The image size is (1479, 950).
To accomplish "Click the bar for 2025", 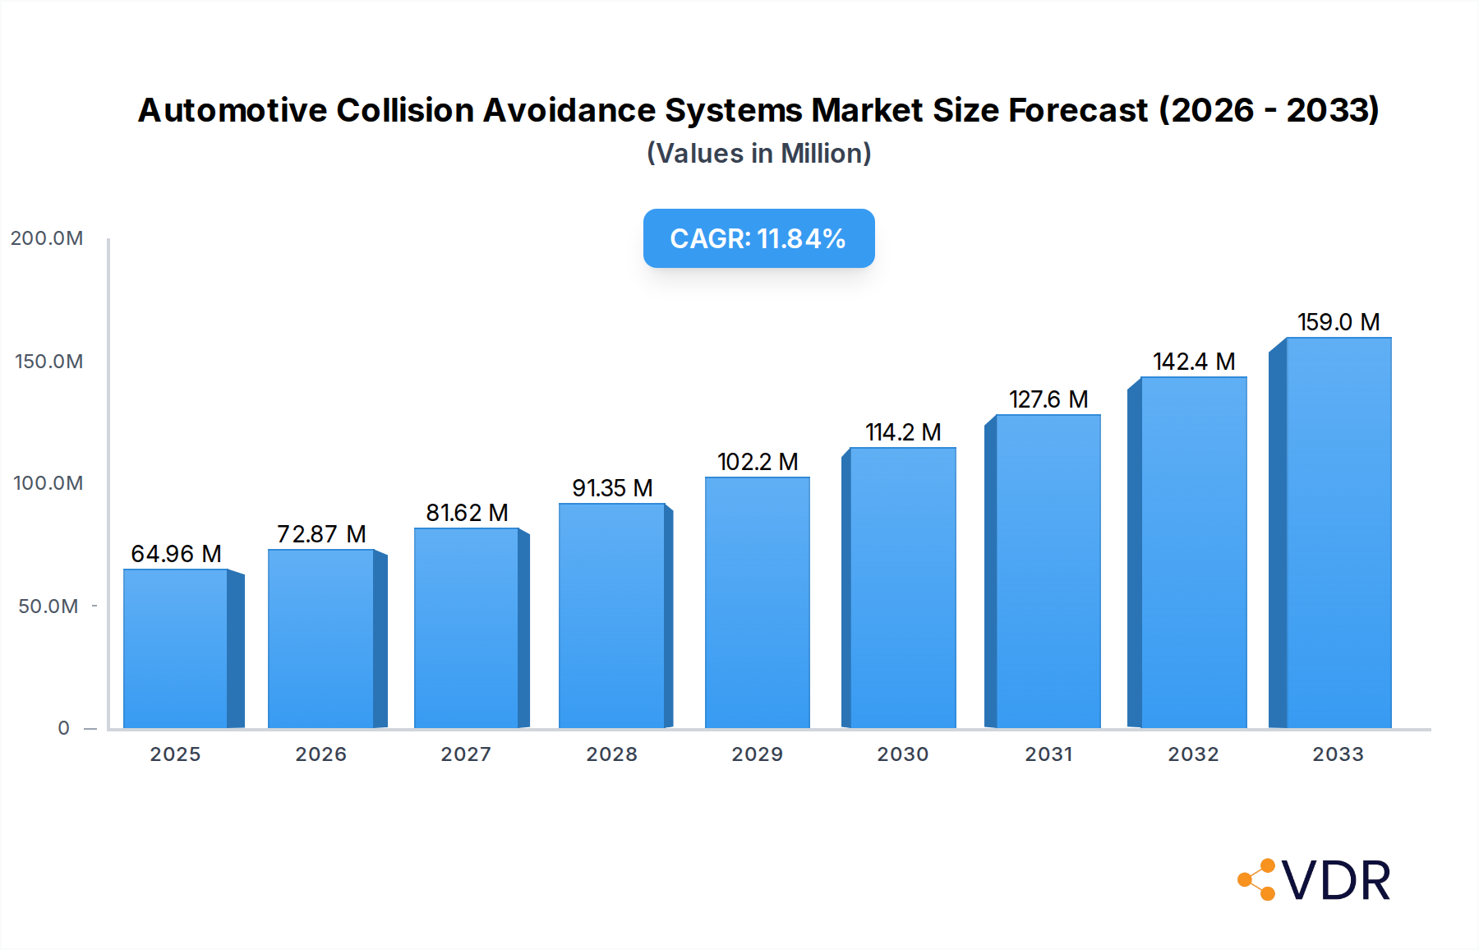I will (x=176, y=648).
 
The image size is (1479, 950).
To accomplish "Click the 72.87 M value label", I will (x=321, y=534).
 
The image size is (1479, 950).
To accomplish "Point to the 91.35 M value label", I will (x=612, y=488).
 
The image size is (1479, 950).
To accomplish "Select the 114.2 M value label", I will (x=903, y=432).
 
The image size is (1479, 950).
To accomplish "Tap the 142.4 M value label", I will (x=1194, y=362).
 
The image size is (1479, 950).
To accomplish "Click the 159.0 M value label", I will (x=1338, y=322).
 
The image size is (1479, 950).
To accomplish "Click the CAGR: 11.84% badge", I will (x=758, y=238).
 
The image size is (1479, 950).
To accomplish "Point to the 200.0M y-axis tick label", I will (x=47, y=238).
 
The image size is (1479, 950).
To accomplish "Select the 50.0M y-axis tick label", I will (x=48, y=606).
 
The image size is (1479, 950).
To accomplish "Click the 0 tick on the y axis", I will (x=64, y=728).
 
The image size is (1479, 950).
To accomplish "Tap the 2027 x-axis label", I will (x=466, y=754).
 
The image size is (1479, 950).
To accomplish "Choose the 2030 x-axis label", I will (x=903, y=754).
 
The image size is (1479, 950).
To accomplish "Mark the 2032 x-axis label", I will (x=1193, y=754).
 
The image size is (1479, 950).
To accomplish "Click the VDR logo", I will (x=1315, y=880).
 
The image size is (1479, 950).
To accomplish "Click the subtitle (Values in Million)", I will (x=758, y=154).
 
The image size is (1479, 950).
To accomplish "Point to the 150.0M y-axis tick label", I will (x=48, y=362).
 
